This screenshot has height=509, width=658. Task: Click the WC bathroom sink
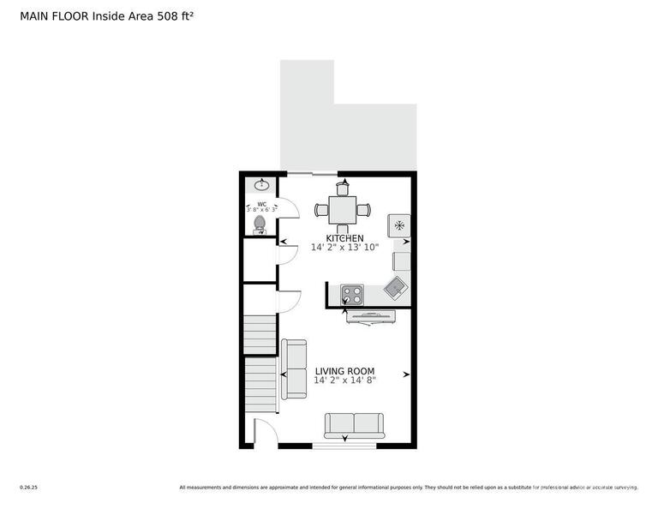[261, 184]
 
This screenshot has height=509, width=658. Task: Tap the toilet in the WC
[260, 224]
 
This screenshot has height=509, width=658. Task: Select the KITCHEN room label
[344, 238]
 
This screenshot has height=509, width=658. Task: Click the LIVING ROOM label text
[344, 371]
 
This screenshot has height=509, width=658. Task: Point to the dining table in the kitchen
[343, 209]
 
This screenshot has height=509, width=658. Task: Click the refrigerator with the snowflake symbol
[399, 225]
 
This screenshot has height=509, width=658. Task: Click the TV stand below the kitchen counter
[371, 317]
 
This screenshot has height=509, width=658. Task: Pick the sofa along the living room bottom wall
[354, 424]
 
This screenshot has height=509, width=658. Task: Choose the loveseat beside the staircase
[295, 368]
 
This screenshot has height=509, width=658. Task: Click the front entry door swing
[266, 432]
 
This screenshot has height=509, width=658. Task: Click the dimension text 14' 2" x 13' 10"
[344, 248]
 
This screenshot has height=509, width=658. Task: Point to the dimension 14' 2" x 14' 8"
[344, 380]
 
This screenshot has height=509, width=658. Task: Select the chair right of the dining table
[364, 209]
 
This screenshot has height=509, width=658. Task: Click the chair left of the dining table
[321, 209]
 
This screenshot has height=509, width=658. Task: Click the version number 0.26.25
[28, 488]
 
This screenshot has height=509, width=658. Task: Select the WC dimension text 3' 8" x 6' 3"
[261, 209]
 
